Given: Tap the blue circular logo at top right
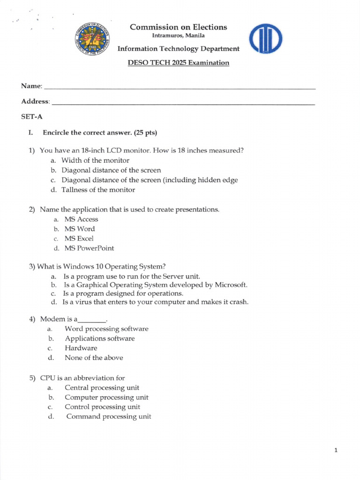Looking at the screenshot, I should click(265, 39).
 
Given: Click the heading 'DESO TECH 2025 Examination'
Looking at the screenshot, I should click(178, 63).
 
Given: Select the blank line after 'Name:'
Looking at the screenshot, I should click(179, 88).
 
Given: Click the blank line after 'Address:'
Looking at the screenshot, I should click(183, 103).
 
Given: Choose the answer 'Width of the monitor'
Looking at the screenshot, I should click(95, 160).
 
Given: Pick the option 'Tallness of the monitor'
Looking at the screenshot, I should click(98, 190).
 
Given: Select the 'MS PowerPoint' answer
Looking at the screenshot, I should click(89, 248).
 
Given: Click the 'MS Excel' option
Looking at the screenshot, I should click(79, 239).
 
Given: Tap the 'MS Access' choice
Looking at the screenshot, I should click(81, 219).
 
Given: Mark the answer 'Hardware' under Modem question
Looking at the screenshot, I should click(81, 348).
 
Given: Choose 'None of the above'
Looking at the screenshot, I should click(94, 358).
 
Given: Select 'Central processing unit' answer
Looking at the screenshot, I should click(102, 388).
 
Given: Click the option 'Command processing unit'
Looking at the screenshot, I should click(109, 417).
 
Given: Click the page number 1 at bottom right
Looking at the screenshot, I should click(336, 450).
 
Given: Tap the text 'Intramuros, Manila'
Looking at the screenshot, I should click(178, 36).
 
